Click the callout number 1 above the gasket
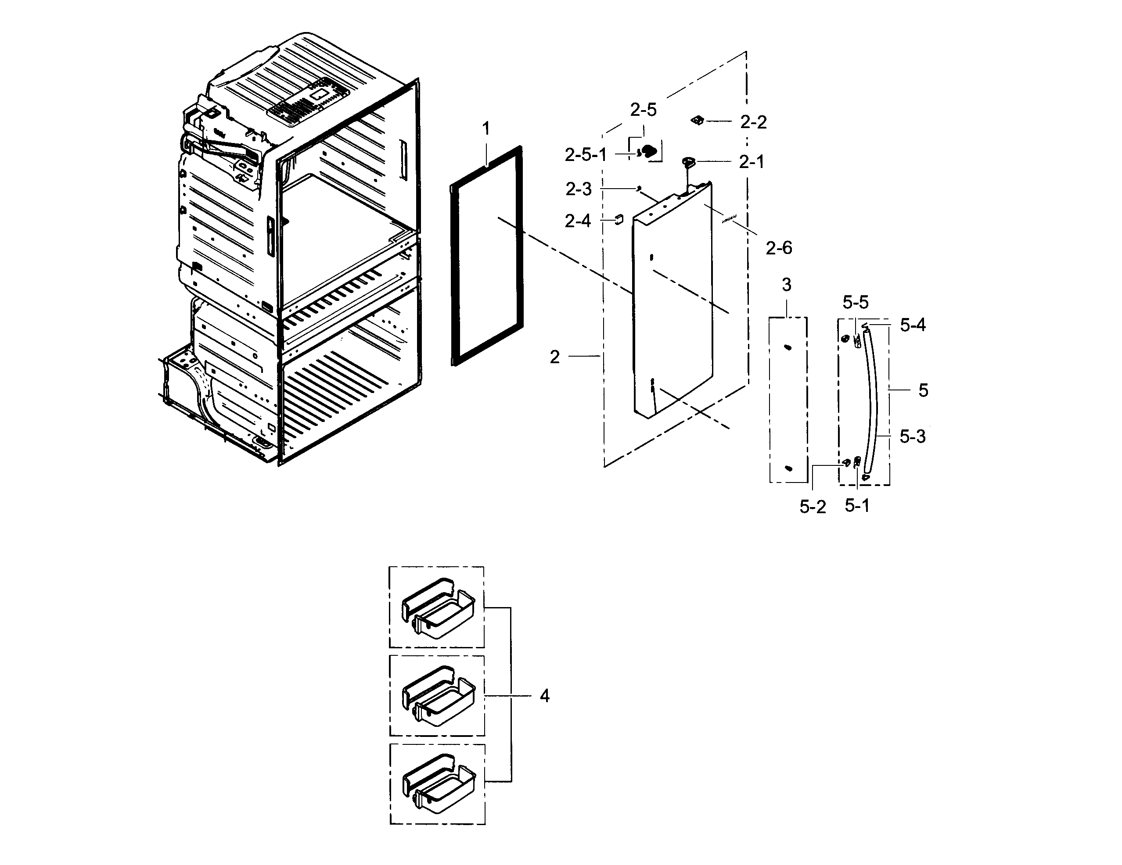486,129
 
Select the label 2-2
753,122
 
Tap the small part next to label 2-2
697,120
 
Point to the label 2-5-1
586,154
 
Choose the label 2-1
752,162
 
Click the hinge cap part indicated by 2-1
688,162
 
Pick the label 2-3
579,189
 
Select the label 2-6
779,248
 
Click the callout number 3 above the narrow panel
787,285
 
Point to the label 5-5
856,303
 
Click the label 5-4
913,325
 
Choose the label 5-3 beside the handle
913,437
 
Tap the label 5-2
813,507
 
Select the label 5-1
857,506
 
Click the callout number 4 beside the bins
545,697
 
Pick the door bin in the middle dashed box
438,696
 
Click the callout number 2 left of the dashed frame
555,357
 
